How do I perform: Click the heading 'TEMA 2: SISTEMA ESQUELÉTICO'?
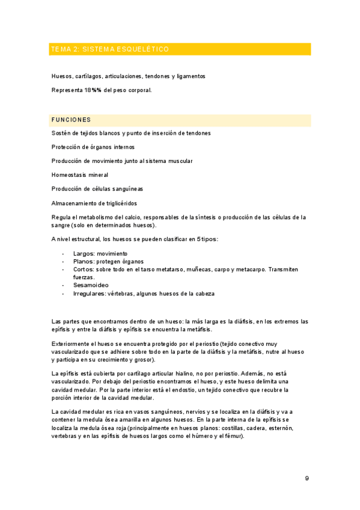click(x=110, y=49)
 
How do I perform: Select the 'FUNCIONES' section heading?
click(x=72, y=120)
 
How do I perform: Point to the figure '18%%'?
click(x=93, y=90)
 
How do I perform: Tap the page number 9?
click(x=307, y=478)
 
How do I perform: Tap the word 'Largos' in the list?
click(x=83, y=253)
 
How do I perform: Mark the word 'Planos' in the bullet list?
click(x=83, y=261)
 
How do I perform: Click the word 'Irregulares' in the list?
click(x=89, y=293)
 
